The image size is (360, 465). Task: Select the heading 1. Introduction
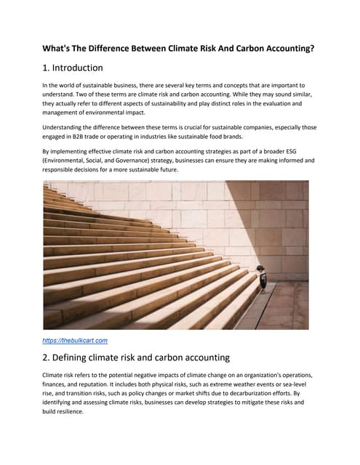pos(73,68)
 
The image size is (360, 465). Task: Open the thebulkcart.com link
pos(76,339)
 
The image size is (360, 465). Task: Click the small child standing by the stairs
pos(263,281)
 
